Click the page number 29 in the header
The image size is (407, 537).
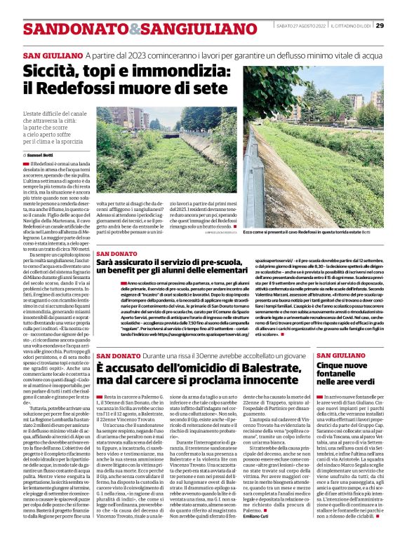[380, 25]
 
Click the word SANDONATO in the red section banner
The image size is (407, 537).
[65, 29]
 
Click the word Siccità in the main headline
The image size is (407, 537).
[53, 72]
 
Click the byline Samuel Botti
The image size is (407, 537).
[41, 154]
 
